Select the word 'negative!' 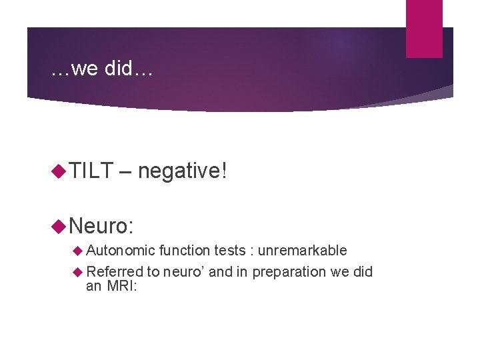click(x=183, y=171)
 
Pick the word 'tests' click(x=229, y=251)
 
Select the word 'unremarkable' click(x=303, y=251)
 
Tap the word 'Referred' click(x=115, y=271)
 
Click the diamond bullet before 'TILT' click(x=58, y=172)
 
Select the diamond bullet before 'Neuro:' click(x=58, y=225)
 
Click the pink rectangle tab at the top click(x=424, y=28)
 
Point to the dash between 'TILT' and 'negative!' click(x=125, y=172)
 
